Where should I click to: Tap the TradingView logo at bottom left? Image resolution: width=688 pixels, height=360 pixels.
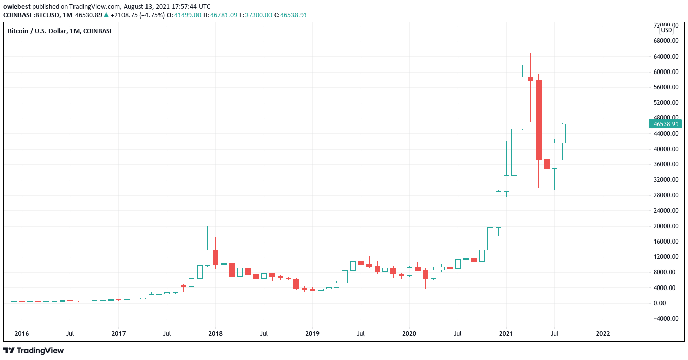[34, 351]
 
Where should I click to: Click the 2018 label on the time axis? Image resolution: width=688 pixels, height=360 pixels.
[215, 334]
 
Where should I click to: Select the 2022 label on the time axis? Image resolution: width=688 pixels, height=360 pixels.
[603, 334]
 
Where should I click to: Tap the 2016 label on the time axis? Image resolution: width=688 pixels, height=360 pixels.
[21, 334]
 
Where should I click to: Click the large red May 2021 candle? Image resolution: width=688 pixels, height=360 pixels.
[538, 120]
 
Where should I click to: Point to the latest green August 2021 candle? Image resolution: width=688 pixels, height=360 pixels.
[562, 133]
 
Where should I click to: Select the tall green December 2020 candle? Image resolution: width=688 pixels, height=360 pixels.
[498, 209]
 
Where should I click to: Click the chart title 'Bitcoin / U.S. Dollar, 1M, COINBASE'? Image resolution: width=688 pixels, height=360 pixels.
[60, 31]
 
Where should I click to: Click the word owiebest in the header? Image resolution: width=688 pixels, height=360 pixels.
[16, 6]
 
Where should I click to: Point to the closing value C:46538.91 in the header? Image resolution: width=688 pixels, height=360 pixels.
[290, 15]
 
